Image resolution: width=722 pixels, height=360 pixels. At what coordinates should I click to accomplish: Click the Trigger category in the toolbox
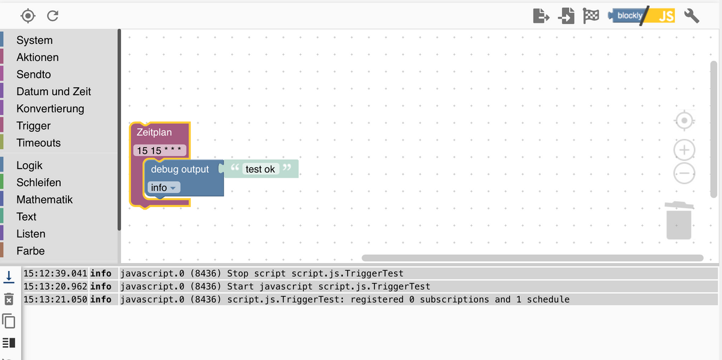(x=34, y=126)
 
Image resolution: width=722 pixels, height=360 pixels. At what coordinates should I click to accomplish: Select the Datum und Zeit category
(x=54, y=92)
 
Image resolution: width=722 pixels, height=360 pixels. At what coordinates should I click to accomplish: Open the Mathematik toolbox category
(x=45, y=200)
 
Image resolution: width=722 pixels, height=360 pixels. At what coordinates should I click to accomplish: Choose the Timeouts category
(x=39, y=143)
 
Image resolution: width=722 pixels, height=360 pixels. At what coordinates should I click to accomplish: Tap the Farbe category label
(x=31, y=251)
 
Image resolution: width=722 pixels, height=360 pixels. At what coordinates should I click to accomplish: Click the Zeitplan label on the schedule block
(x=154, y=132)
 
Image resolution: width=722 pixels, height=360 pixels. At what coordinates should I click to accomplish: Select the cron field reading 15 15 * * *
(x=159, y=151)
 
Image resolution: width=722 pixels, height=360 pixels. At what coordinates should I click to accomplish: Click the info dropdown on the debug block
(x=164, y=187)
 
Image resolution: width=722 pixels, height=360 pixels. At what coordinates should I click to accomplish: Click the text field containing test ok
(x=260, y=169)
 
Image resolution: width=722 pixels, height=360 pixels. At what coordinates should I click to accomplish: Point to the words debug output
(x=180, y=169)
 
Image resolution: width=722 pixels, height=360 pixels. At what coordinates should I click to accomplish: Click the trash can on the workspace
(x=679, y=221)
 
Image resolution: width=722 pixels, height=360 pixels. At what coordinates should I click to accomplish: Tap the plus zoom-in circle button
(x=684, y=150)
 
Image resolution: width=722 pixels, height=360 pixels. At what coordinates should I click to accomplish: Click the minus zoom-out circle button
(x=684, y=173)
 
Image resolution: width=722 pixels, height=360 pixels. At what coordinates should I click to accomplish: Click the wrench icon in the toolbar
(x=691, y=16)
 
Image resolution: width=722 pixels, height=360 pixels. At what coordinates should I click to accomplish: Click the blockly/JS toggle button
(x=641, y=16)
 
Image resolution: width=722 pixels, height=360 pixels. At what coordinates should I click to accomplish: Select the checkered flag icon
(x=591, y=16)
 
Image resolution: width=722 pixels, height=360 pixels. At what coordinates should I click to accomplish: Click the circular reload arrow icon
(x=52, y=16)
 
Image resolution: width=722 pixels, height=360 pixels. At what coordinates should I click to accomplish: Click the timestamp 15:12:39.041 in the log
(x=55, y=273)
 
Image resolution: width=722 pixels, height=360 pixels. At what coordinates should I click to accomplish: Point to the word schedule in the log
(x=548, y=300)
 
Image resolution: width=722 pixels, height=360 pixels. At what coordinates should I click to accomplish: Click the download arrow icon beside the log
(x=8, y=277)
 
